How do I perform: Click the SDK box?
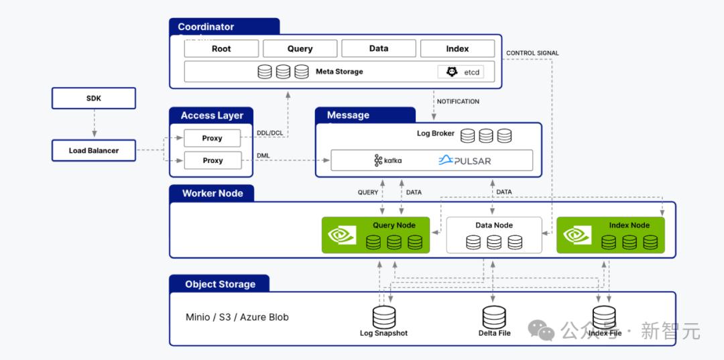click(x=94, y=99)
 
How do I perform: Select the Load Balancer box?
click(x=94, y=151)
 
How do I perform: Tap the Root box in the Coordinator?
click(x=221, y=49)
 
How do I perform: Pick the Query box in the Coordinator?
click(x=300, y=49)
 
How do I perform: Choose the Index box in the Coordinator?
click(x=457, y=49)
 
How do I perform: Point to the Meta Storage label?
click(x=339, y=72)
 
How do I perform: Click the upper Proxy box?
click(x=212, y=138)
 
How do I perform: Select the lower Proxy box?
click(x=213, y=161)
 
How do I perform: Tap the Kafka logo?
click(x=388, y=161)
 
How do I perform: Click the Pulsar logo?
click(x=465, y=161)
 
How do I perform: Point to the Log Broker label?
click(x=436, y=133)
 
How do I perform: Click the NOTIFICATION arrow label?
click(x=458, y=102)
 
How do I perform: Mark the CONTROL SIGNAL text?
click(x=532, y=53)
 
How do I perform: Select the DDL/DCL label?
click(x=269, y=133)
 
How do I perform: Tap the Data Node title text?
click(x=494, y=225)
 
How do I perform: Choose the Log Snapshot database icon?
click(x=384, y=317)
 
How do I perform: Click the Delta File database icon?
click(x=494, y=317)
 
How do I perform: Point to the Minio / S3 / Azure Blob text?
click(x=237, y=317)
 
